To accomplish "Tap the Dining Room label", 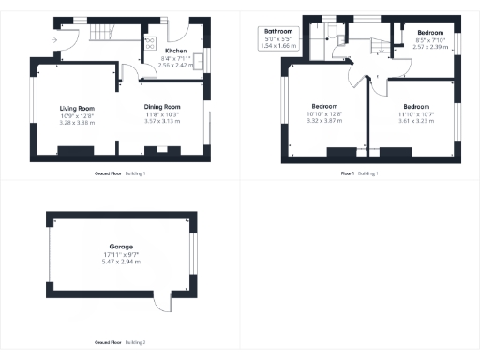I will click(161, 107).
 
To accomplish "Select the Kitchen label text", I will click(176, 51).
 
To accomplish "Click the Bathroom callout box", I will click(277, 38).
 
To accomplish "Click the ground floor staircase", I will click(107, 34).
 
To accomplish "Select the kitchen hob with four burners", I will click(150, 43).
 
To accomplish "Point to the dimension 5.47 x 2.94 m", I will click(121, 262).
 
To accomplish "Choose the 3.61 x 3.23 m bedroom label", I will click(414, 121).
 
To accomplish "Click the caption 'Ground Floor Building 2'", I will click(120, 343).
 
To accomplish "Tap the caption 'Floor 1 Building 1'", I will click(360, 174).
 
